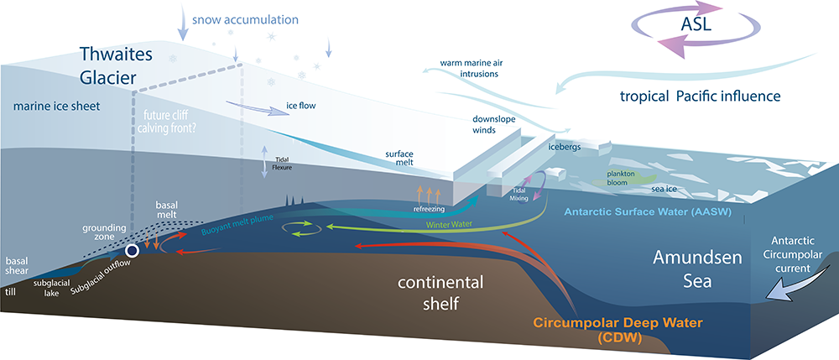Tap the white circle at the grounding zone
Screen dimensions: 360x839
132,250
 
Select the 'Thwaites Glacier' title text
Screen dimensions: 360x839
114,65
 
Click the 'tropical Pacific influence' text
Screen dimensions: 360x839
706,97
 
